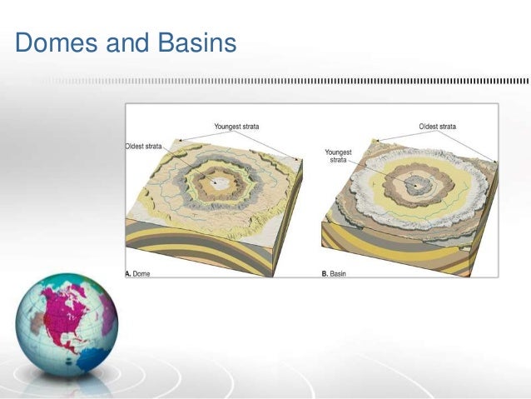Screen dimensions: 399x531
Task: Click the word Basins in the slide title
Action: [197, 43]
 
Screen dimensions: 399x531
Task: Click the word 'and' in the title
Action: [125, 43]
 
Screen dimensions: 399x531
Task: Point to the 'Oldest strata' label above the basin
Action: [437, 127]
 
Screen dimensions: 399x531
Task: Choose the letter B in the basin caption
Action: [325, 272]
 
